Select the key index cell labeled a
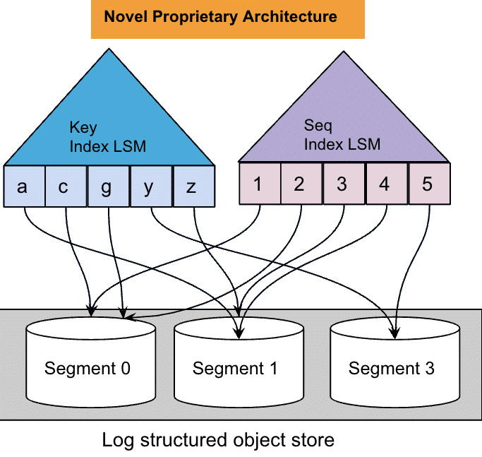[x=23, y=186]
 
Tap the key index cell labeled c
[x=66, y=186]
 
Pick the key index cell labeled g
[x=108, y=186]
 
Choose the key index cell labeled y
[x=150, y=186]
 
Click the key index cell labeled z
[x=193, y=186]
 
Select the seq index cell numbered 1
[x=259, y=184]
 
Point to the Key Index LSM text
[x=107, y=137]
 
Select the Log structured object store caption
[x=218, y=441]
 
